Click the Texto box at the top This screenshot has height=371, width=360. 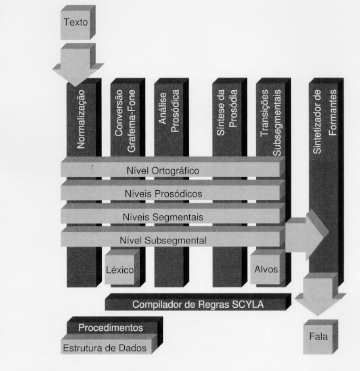click(78, 22)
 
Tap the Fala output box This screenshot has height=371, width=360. click(321, 337)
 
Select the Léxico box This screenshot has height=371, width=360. click(122, 266)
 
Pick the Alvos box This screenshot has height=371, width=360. click(267, 266)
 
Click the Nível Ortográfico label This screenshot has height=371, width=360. click(163, 170)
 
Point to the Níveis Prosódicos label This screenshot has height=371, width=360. click(163, 194)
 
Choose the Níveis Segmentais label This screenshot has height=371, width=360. click(163, 217)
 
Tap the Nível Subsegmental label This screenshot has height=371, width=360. click(163, 240)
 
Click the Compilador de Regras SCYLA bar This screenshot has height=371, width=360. click(198, 302)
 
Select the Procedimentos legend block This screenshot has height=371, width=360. click(115, 326)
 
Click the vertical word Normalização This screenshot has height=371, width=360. click(81, 119)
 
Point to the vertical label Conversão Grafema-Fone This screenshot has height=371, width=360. click(125, 120)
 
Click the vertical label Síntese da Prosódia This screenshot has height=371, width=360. click(227, 112)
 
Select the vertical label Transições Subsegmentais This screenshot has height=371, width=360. click(271, 122)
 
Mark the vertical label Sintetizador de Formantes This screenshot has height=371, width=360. click(325, 122)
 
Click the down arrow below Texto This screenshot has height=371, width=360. click(78, 64)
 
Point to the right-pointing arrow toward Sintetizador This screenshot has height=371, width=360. click(307, 234)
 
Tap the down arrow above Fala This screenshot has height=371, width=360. click(321, 294)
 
